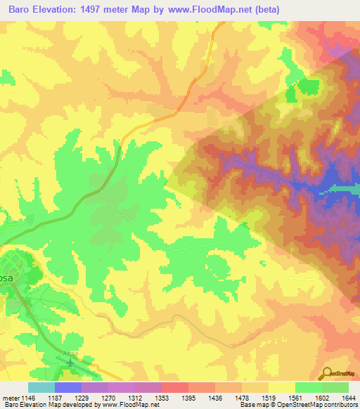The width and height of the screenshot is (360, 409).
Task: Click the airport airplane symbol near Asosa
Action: pos(70,363)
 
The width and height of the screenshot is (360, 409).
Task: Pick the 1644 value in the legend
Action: pos(349,397)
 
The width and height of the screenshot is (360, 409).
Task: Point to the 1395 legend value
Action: pos(188,397)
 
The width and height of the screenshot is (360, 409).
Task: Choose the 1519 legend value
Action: pos(269,397)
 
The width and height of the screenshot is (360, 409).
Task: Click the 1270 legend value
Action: pos(108,397)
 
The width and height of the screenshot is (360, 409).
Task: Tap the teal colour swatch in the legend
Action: pos(41,387)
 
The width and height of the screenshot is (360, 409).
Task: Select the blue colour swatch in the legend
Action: pos(67,387)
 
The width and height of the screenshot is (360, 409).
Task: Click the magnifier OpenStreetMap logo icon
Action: pos(326,372)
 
